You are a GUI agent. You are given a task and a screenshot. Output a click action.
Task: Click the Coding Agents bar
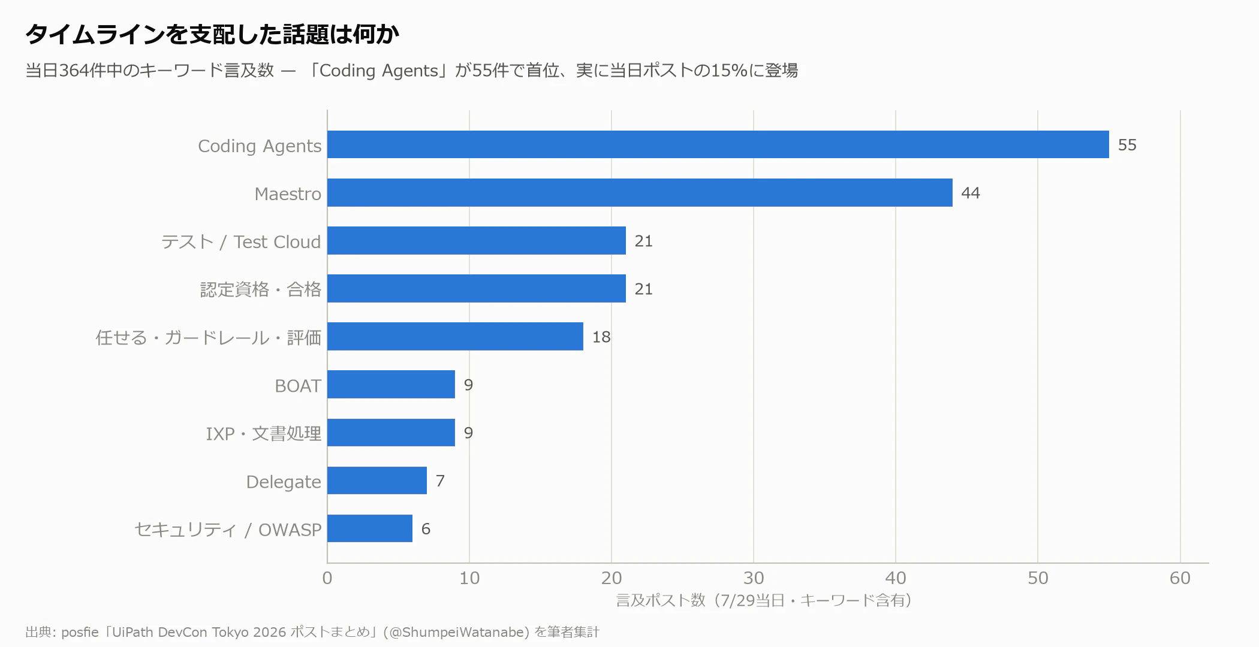[x=718, y=144]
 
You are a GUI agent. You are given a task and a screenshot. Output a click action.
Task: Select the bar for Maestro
[x=640, y=192]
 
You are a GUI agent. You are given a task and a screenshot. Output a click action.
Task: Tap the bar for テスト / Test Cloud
[x=477, y=240]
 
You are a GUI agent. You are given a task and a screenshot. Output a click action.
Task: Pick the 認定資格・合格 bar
[x=477, y=288]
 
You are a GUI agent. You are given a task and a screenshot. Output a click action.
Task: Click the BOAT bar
[x=391, y=384]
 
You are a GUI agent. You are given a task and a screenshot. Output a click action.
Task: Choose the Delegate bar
[x=377, y=480]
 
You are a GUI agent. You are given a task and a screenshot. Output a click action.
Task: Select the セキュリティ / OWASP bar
[x=370, y=528]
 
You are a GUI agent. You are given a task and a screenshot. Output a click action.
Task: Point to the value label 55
[x=1127, y=145]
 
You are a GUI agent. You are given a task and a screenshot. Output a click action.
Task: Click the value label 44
[x=971, y=193]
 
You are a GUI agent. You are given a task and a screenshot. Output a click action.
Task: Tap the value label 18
[x=601, y=337]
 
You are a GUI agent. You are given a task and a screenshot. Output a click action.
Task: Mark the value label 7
[x=440, y=480]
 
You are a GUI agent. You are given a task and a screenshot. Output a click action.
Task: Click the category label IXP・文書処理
[x=263, y=433]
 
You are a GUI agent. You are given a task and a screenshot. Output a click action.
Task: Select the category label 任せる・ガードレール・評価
[x=209, y=337]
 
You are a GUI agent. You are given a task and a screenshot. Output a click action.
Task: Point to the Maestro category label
[x=288, y=194]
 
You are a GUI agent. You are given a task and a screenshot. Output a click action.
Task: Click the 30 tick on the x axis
[x=754, y=578]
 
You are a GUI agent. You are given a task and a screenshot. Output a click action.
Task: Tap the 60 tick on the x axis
[x=1180, y=578]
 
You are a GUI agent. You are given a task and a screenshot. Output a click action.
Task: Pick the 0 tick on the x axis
[x=327, y=578]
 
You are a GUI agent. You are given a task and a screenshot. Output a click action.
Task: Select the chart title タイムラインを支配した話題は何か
[x=212, y=34]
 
